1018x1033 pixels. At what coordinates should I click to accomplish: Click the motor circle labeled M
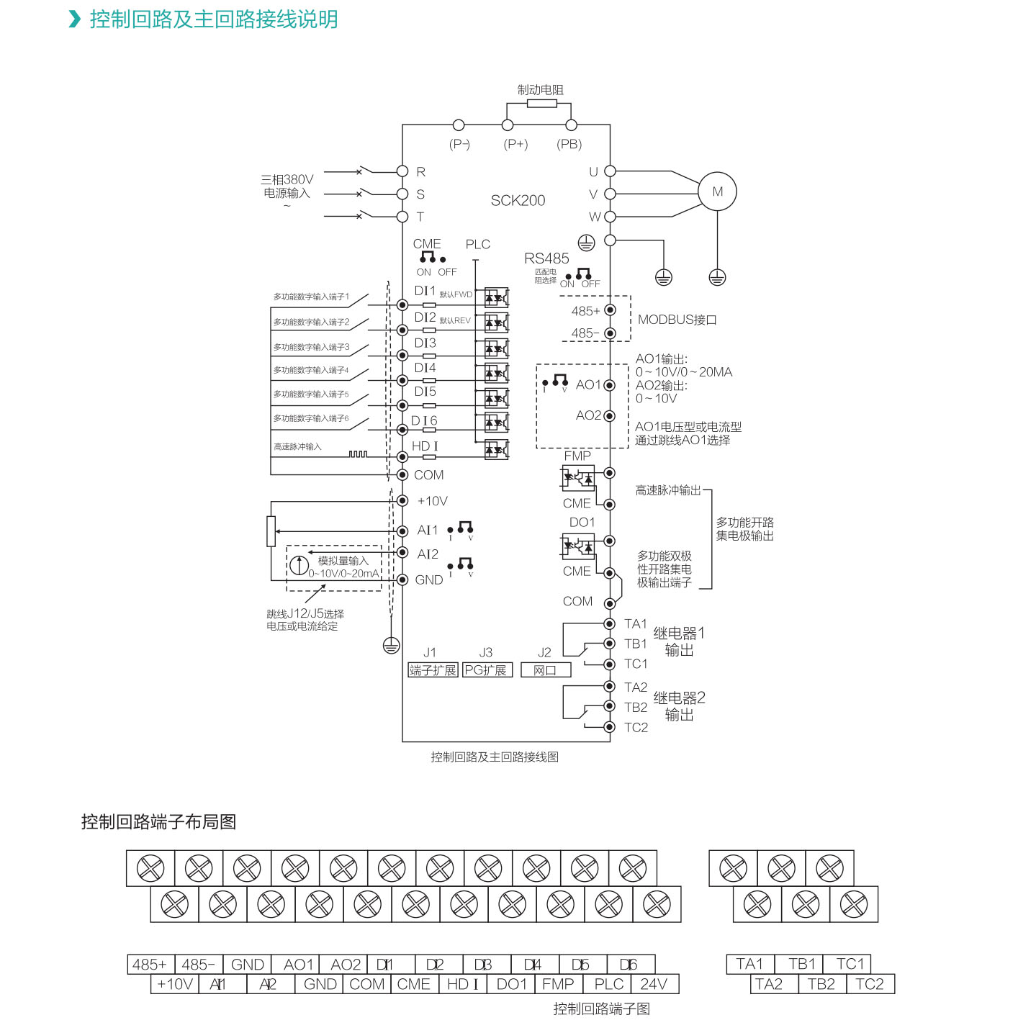coord(717,191)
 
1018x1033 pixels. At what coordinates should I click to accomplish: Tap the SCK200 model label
coord(518,201)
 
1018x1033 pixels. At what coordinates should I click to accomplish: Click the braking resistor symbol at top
coord(541,104)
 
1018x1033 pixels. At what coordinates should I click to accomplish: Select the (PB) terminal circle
coord(571,125)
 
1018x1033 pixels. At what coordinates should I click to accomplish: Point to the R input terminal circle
coord(402,171)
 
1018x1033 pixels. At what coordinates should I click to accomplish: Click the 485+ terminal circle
coord(610,310)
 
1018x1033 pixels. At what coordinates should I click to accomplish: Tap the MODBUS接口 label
coord(677,320)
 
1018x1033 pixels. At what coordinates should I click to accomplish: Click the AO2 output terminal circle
coord(610,416)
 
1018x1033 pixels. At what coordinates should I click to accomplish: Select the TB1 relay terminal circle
coord(610,644)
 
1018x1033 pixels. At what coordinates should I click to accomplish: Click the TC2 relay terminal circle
coord(610,727)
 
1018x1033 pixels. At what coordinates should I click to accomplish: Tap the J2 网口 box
coord(545,670)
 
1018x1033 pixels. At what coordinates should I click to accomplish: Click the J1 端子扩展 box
coord(433,670)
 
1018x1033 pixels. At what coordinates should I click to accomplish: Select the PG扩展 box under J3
coord(486,670)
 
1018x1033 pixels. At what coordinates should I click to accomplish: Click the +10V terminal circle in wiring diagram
coord(402,501)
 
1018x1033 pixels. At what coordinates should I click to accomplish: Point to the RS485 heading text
coord(546,258)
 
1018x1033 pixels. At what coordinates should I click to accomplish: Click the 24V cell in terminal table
coord(654,984)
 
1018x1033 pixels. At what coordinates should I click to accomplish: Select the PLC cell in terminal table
coord(608,984)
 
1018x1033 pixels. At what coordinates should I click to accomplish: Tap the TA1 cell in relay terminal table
coord(749,964)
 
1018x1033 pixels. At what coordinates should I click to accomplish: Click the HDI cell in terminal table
coord(462,984)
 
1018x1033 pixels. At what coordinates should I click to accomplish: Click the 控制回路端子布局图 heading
coord(158,822)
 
